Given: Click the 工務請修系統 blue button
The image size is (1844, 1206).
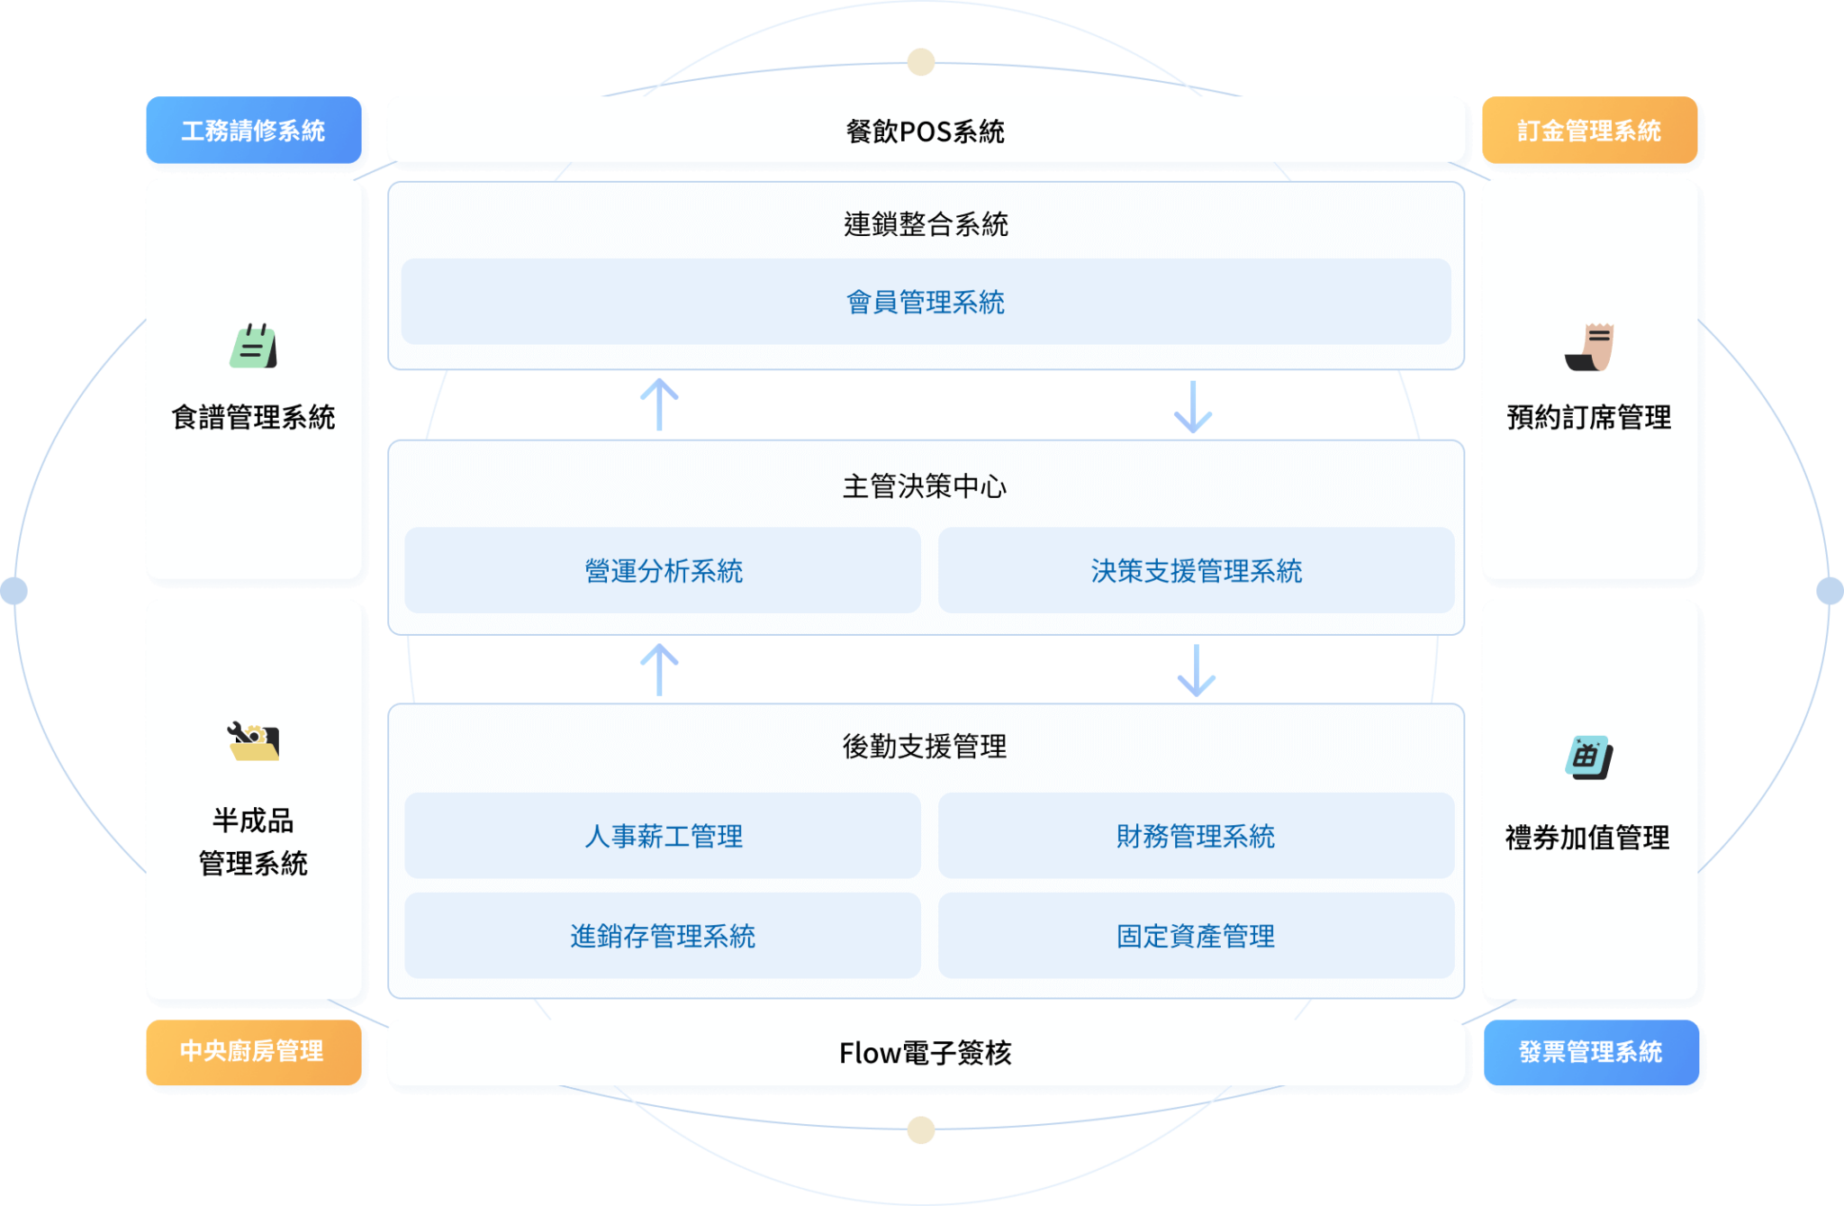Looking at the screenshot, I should [x=253, y=131].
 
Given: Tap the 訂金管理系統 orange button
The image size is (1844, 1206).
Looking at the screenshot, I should [x=1589, y=131].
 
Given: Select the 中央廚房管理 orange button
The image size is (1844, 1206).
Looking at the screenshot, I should [x=253, y=1051].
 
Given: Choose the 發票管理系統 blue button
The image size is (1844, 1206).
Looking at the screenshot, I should [x=1591, y=1052].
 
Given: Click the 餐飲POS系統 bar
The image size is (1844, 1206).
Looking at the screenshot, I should [x=926, y=131].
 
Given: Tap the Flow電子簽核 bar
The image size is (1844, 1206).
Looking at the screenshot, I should [x=926, y=1053].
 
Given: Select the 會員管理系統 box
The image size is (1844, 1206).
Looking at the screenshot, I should [x=926, y=302].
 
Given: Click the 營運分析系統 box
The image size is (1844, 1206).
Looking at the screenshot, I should [x=663, y=570].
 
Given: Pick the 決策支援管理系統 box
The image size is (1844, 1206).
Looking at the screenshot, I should [x=1196, y=570].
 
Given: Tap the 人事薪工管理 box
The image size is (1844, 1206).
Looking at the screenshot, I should [x=663, y=836].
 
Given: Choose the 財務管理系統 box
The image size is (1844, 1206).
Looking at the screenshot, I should [x=1196, y=836].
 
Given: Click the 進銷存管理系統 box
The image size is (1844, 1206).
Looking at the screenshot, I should [x=663, y=936].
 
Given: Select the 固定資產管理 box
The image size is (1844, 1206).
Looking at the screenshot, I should [x=1196, y=936].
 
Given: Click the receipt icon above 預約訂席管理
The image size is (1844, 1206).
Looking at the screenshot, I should [x=1590, y=347].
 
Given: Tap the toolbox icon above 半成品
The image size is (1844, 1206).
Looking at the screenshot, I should [x=254, y=741].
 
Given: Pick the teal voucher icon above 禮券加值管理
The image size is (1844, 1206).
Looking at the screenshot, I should [x=1589, y=757].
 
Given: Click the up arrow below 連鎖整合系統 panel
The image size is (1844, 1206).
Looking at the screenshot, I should [x=660, y=404].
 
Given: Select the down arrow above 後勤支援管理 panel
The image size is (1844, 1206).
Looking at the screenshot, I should [x=1197, y=670].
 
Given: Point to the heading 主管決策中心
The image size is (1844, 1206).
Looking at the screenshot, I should [x=925, y=486].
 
